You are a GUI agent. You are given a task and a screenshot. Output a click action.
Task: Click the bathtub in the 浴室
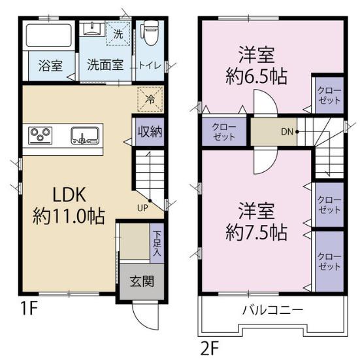tap(48, 35)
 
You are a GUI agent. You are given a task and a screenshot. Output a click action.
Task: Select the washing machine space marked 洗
tap(118, 33)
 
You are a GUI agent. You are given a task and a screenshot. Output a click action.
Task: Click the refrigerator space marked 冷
tap(150, 99)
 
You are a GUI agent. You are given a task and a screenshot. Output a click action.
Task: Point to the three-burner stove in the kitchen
tap(40, 135)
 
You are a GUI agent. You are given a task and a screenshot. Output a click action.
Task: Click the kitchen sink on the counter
tap(85, 135)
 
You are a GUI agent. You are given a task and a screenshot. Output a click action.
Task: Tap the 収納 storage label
tap(150, 132)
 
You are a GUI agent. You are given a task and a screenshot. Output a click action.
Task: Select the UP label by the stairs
tap(142, 208)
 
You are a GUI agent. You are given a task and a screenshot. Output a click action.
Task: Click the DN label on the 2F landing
tap(287, 131)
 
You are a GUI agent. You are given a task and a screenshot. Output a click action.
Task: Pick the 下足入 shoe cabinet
tap(157, 243)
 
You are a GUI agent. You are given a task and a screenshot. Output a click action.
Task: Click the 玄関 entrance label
tap(142, 282)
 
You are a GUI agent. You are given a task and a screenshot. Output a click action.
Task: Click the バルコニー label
tap(272, 309)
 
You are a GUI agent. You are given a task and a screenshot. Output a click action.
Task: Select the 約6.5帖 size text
tap(256, 76)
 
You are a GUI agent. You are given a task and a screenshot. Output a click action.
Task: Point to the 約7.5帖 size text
tap(256, 232)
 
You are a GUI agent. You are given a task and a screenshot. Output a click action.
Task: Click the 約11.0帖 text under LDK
tap(69, 216)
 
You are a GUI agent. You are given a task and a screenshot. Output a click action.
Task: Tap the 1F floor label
tap(29, 308)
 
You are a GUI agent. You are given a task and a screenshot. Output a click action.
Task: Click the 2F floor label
tap(210, 349)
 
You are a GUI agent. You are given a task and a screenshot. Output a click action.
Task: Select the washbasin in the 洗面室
tap(92, 29)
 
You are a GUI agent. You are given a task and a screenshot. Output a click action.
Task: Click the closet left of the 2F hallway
tap(224, 131)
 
